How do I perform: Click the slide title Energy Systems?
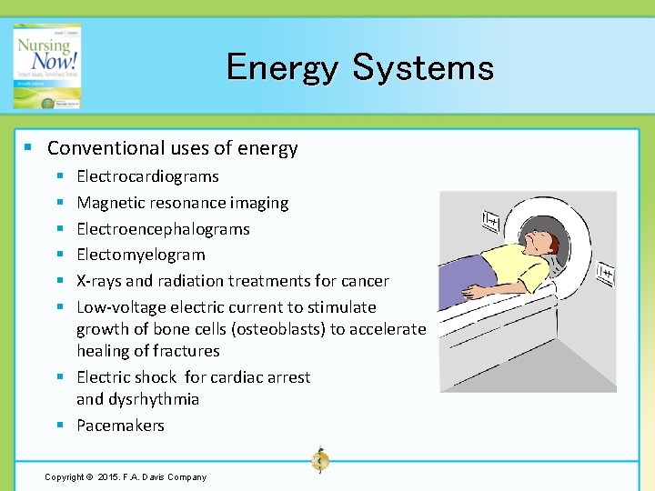click(359, 67)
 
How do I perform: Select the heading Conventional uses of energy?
click(172, 148)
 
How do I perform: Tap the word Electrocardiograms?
click(147, 176)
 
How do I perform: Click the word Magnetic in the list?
click(108, 203)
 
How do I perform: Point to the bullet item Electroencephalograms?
click(163, 229)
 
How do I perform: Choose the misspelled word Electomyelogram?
click(140, 255)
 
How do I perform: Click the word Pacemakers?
click(120, 426)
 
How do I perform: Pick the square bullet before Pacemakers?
click(59, 426)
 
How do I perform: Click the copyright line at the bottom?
click(126, 477)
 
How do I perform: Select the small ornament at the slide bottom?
click(319, 460)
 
